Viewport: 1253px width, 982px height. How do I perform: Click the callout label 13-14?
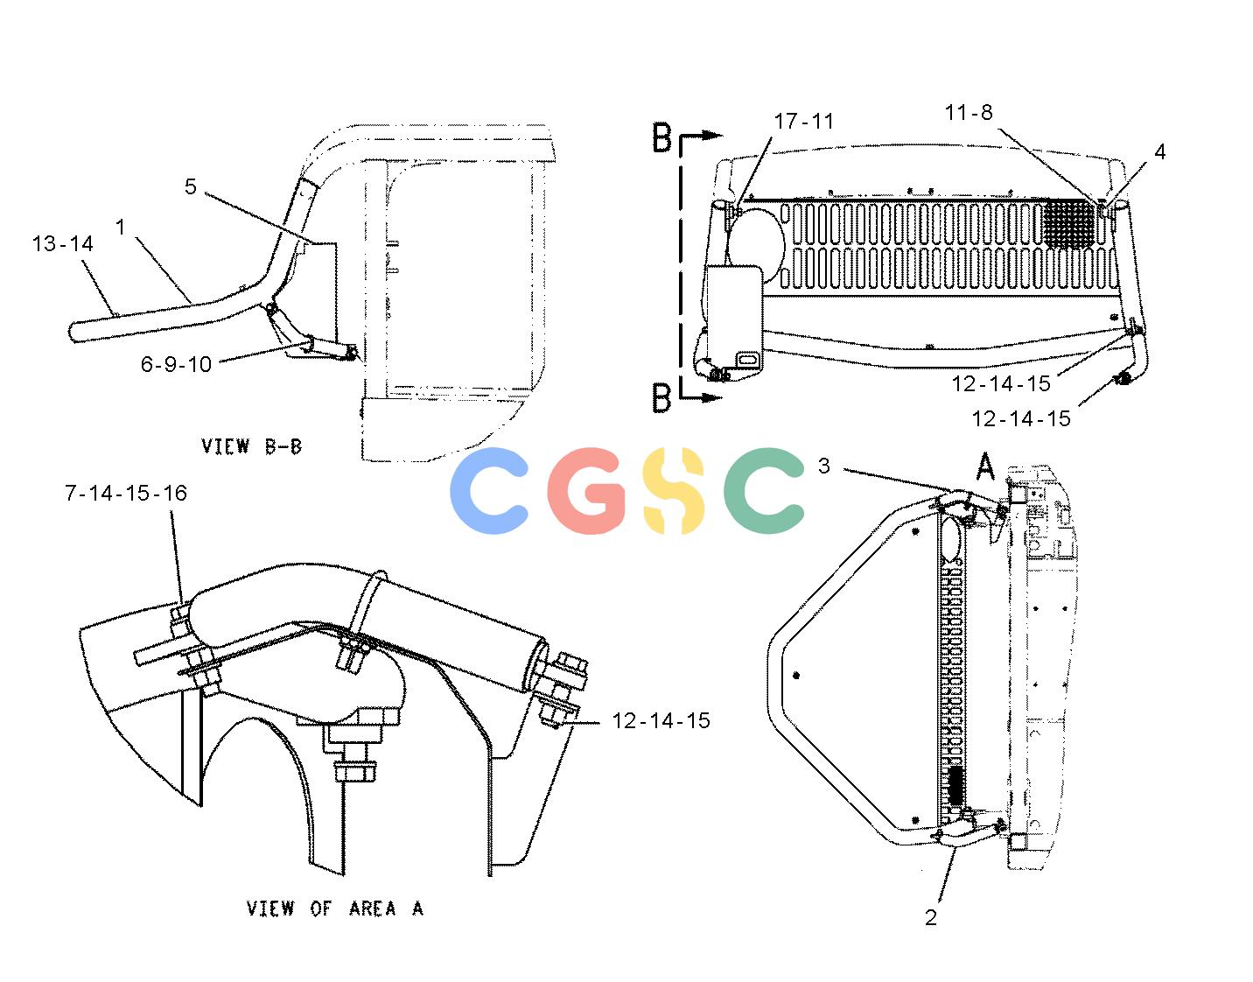(62, 244)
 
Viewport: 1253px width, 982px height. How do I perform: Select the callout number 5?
(190, 186)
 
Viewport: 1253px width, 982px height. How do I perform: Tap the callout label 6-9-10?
(176, 364)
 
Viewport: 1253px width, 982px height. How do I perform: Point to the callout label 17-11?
(804, 122)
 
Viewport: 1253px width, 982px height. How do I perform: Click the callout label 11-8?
(969, 112)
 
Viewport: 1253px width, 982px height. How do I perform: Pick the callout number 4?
(1159, 151)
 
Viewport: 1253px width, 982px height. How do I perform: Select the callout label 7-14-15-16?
(126, 493)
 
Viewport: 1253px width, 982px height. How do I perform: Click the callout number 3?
(824, 466)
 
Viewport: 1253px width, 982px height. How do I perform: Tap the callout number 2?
(931, 917)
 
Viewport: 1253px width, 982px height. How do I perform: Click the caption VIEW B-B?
(251, 446)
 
